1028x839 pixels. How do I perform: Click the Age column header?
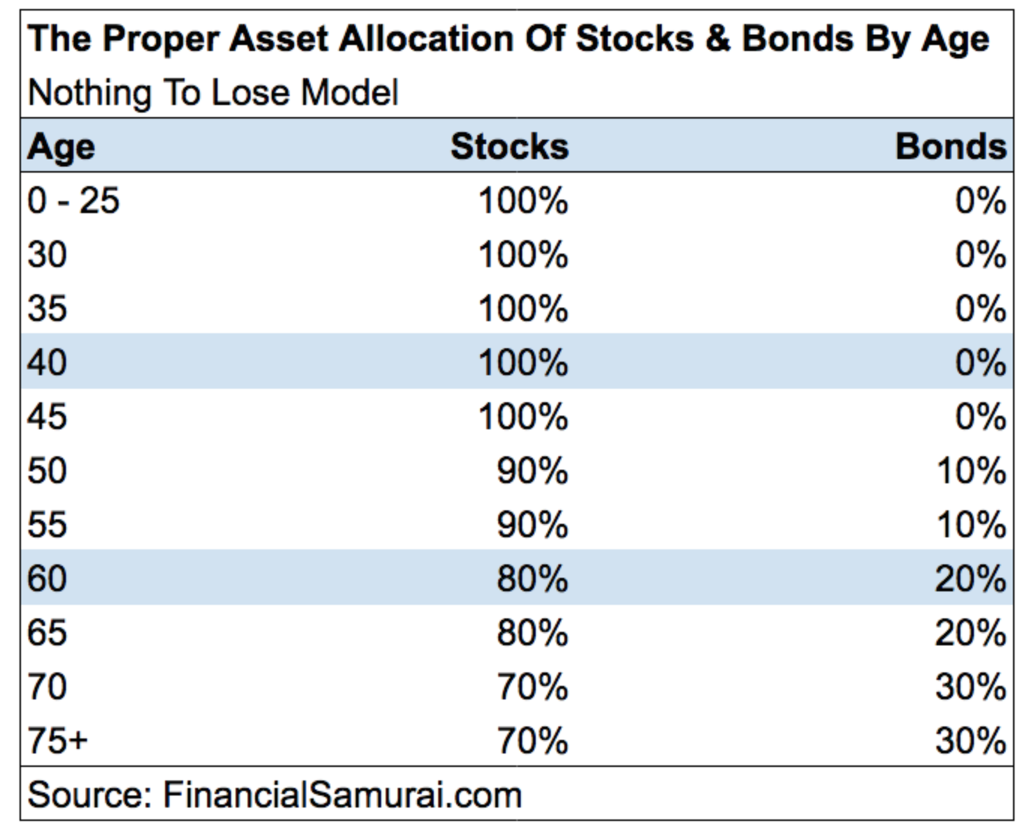(61, 148)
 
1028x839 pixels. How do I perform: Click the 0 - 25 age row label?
(73, 201)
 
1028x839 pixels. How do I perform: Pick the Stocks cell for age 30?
(524, 254)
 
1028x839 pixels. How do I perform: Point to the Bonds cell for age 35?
(981, 308)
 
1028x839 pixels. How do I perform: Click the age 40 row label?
(47, 362)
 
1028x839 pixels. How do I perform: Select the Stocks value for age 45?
(524, 416)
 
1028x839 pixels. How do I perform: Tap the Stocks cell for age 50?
(533, 471)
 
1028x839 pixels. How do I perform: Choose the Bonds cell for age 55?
(972, 525)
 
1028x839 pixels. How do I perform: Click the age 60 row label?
(47, 579)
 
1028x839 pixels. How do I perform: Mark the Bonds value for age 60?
(970, 579)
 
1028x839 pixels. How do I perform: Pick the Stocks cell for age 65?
(533, 633)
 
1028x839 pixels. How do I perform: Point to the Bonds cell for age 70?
(970, 687)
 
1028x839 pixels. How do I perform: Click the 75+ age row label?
(58, 741)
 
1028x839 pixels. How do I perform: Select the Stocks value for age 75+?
(533, 741)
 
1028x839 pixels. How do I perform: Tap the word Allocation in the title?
(426, 38)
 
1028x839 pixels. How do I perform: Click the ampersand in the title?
(718, 39)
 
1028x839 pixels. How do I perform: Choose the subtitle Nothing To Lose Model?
(214, 92)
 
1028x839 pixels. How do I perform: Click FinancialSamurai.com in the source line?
(342, 795)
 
